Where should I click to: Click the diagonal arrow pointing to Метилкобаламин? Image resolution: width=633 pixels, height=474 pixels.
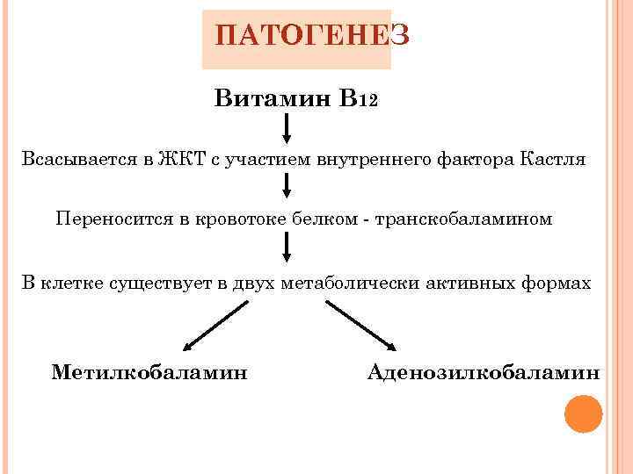pos(217,326)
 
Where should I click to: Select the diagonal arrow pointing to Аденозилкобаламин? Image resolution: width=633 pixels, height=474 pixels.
pos(360,326)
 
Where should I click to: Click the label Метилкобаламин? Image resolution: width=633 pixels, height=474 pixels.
pos(149,372)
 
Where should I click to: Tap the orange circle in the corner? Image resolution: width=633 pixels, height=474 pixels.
pos(583,413)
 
